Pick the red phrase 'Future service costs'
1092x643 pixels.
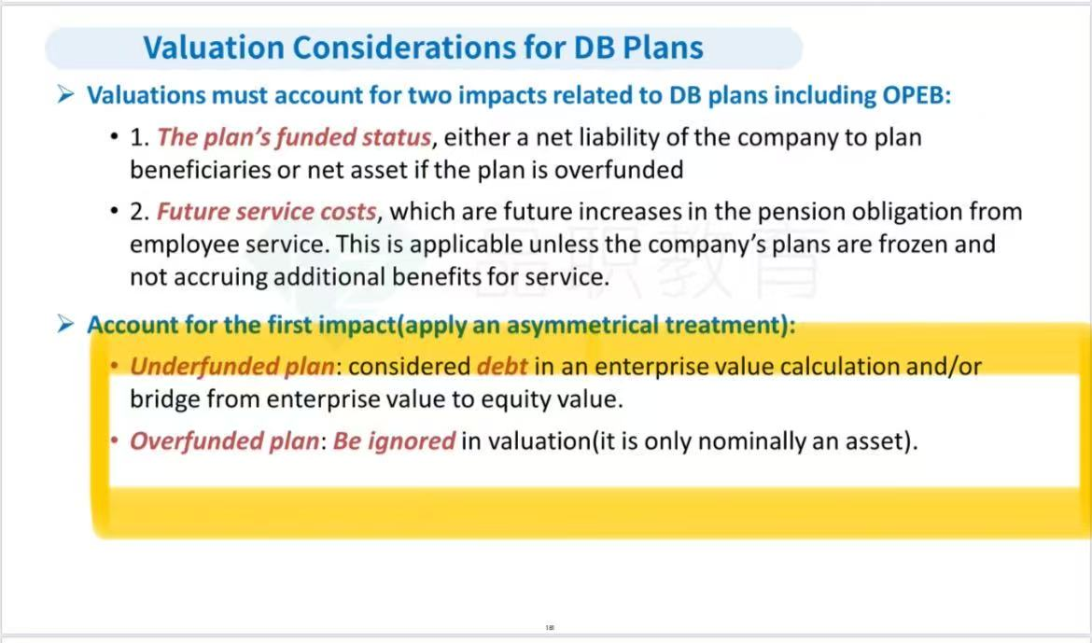(267, 211)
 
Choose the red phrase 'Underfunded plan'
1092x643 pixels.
(231, 366)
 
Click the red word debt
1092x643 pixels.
(502, 365)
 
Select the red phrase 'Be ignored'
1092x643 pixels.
(394, 441)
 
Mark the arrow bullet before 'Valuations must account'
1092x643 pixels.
(66, 94)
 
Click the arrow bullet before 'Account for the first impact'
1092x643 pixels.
(66, 324)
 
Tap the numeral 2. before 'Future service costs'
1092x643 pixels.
(139, 211)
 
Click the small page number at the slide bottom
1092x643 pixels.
(550, 628)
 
